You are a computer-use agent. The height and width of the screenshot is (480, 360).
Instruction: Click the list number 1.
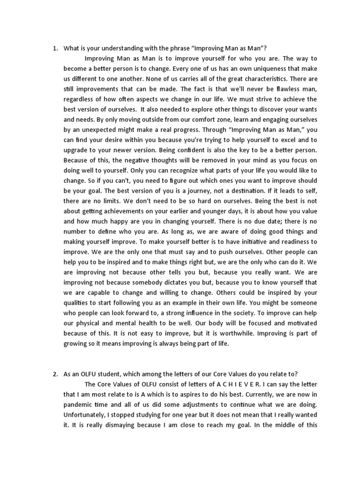[55, 48]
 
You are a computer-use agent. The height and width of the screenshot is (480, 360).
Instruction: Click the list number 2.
[55, 374]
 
